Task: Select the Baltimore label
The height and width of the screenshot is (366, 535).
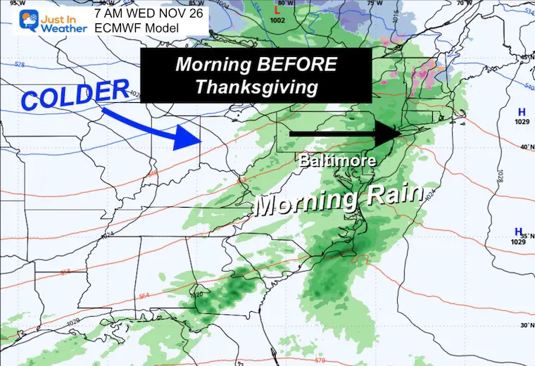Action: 338,160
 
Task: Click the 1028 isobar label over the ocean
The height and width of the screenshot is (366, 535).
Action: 501,176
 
